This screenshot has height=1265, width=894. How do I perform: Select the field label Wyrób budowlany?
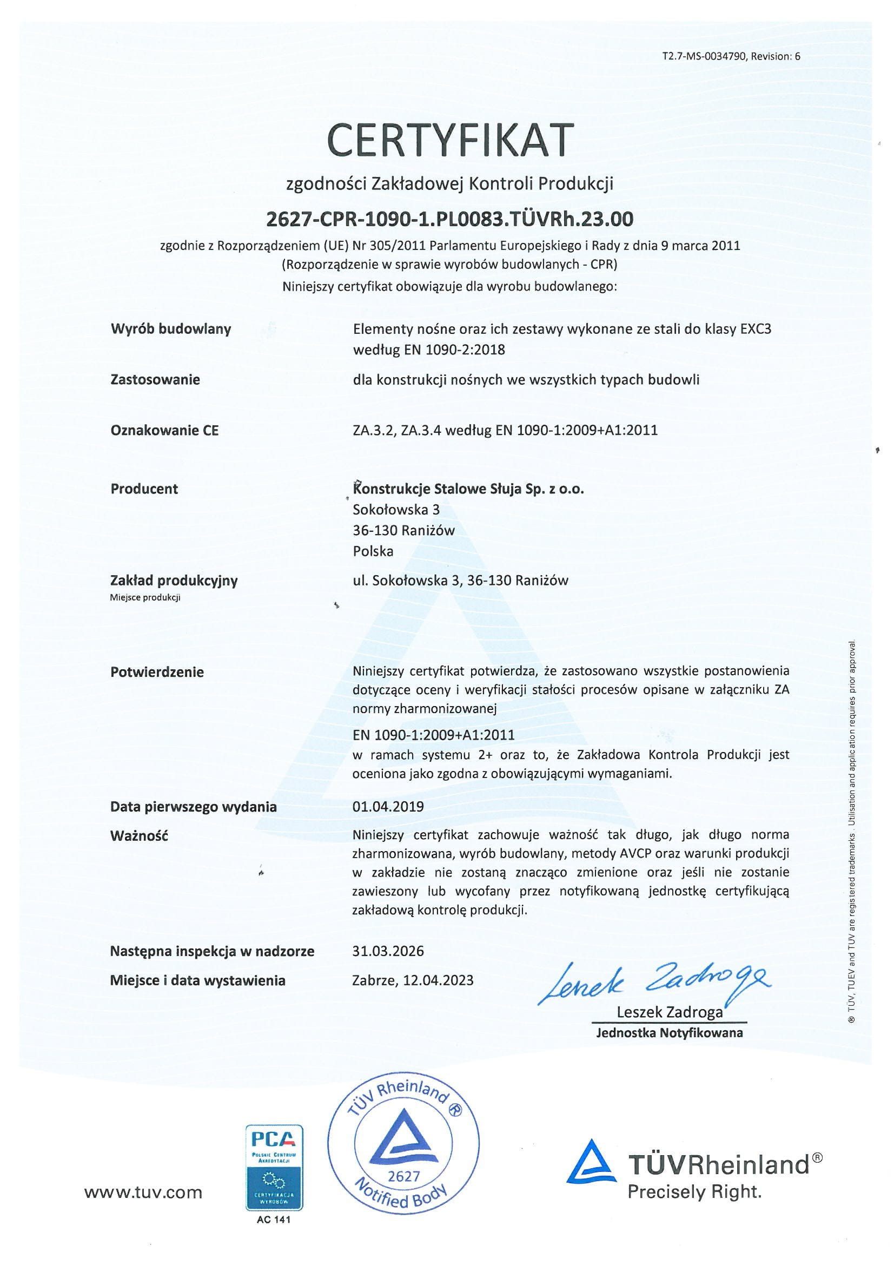[x=171, y=329]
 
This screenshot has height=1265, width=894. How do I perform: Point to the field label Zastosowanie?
[x=155, y=380]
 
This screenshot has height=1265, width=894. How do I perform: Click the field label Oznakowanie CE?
[x=164, y=430]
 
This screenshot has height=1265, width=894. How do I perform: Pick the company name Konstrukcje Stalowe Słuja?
[x=468, y=489]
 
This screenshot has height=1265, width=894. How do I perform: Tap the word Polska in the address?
[x=373, y=551]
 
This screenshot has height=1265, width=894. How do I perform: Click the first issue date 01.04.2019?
[x=388, y=807]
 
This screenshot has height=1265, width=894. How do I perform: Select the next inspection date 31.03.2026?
[x=388, y=951]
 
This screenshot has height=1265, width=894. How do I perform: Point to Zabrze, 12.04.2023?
[x=413, y=980]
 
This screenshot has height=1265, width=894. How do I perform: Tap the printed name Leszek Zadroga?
[x=669, y=1012]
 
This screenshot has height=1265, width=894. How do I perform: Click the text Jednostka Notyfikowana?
[x=669, y=1032]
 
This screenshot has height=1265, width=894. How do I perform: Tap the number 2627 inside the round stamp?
[x=404, y=1176]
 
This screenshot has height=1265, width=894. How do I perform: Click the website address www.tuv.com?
[x=143, y=1193]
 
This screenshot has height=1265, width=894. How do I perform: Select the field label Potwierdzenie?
[x=157, y=671]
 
